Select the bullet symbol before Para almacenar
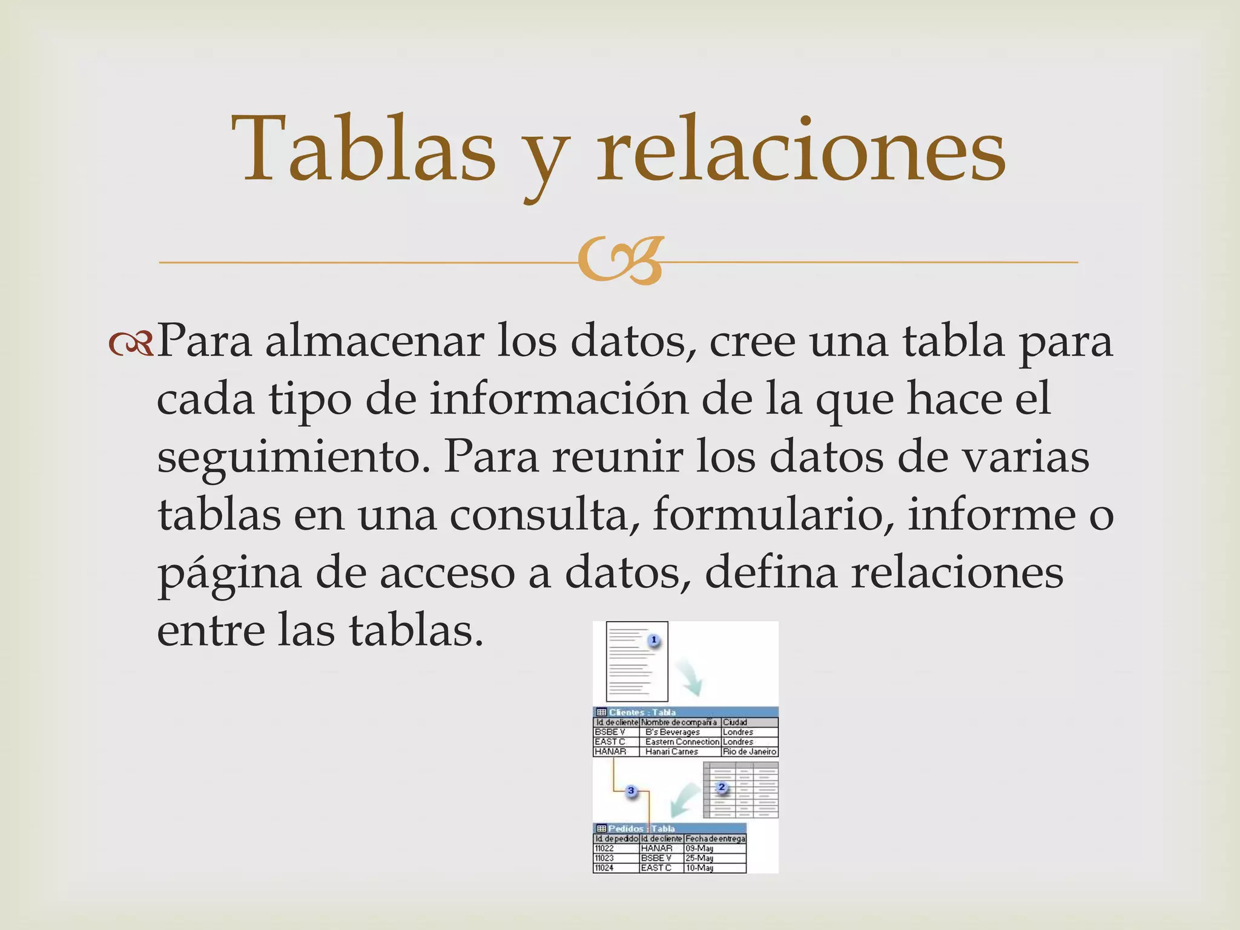point(131,343)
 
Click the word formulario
point(772,515)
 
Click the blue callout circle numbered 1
point(654,640)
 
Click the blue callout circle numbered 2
point(721,787)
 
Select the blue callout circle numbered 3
point(631,791)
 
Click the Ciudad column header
point(736,722)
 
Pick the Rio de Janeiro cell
point(749,751)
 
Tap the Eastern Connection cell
point(682,742)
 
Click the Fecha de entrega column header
point(715,839)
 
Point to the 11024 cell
point(604,868)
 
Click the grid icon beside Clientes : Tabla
point(601,712)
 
